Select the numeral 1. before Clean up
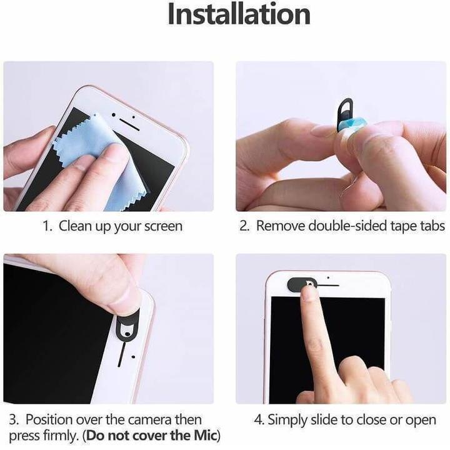(x=47, y=226)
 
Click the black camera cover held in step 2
(x=344, y=113)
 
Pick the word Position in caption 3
(x=52, y=419)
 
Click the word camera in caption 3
(x=143, y=419)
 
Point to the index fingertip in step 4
(x=309, y=292)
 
